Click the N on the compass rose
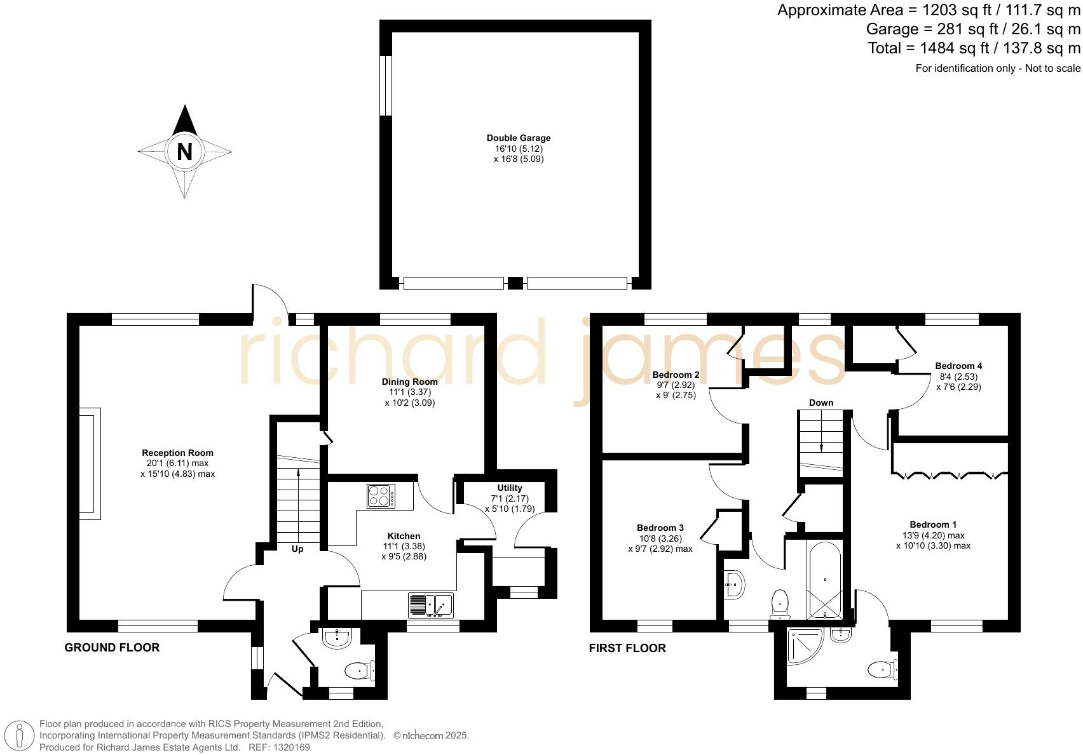tap(184, 152)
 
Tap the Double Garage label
tap(519, 138)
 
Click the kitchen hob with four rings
tap(381, 495)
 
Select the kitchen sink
tap(430, 605)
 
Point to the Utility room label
tap(510, 488)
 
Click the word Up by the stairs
tap(297, 549)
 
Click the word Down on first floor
tap(821, 403)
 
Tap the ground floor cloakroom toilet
tap(359, 670)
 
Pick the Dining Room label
tap(409, 382)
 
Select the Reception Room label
tap(177, 453)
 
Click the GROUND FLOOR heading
tap(112, 648)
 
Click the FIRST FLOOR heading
tap(627, 648)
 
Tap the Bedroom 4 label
tap(958, 366)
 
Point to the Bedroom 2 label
tap(676, 375)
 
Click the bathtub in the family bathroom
tap(825, 578)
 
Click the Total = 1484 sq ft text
tap(974, 48)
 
